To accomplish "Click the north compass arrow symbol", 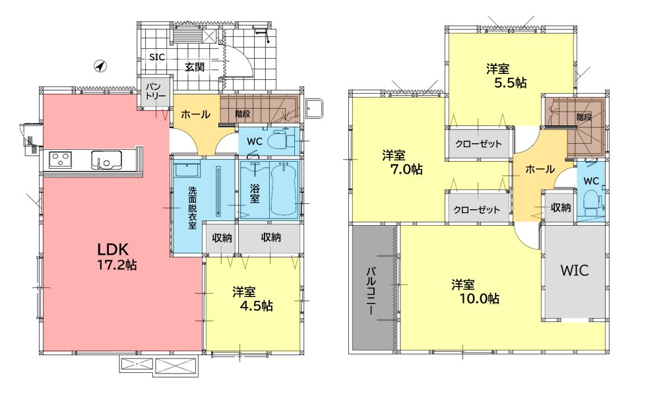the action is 100,66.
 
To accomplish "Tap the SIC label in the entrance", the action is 157,57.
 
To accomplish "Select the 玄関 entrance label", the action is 195,67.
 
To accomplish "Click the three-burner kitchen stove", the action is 60,160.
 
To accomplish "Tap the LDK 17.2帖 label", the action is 117,257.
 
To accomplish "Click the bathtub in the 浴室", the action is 284,189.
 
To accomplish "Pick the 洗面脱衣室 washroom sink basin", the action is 187,170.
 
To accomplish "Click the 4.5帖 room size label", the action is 256,306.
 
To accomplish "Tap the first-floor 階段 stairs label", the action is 243,114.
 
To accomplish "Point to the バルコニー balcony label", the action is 370,290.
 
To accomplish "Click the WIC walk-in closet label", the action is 575,271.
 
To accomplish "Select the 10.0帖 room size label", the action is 480,299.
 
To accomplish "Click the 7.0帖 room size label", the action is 406,170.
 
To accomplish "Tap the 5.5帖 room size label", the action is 511,83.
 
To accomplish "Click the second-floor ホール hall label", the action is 540,169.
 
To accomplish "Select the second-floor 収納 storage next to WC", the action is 561,207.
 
